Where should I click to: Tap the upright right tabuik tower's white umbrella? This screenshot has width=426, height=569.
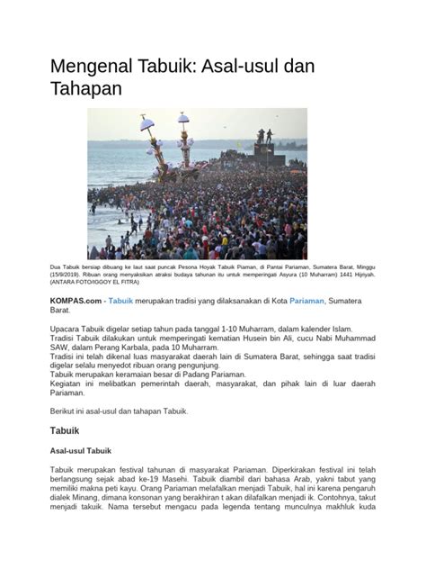pos(183,118)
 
